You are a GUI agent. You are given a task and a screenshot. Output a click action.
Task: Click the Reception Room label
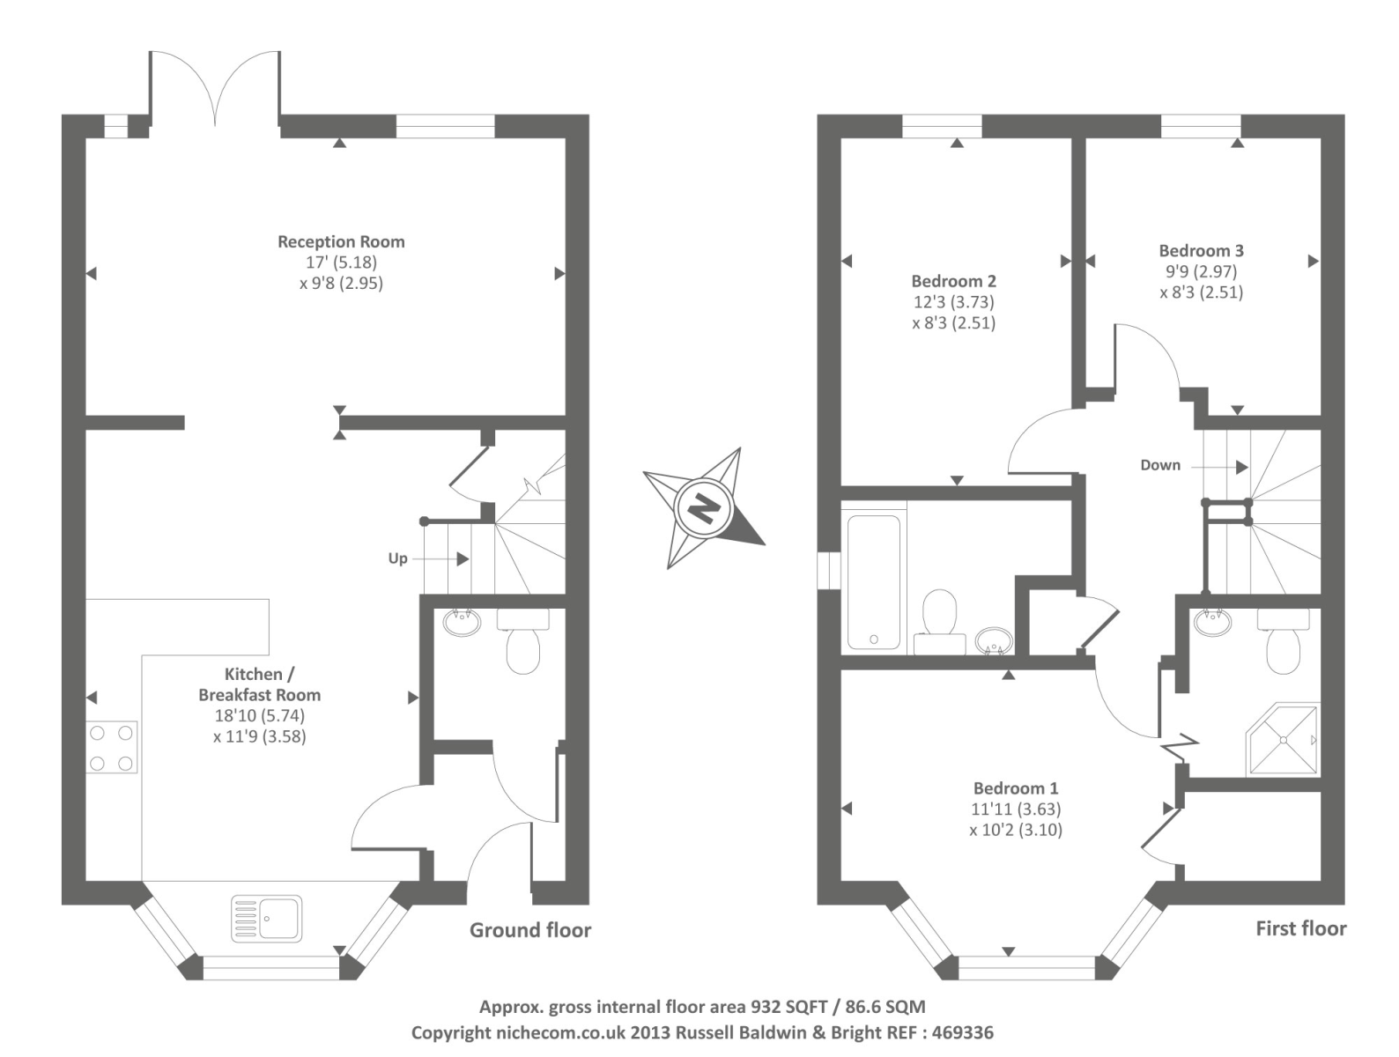(x=341, y=242)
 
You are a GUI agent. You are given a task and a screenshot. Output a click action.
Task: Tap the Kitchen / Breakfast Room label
(x=259, y=684)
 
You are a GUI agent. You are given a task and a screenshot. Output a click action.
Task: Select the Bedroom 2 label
(x=953, y=281)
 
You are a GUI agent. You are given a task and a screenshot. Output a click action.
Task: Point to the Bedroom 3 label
(x=1202, y=250)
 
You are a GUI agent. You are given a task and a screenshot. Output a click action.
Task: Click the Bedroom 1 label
(x=1016, y=788)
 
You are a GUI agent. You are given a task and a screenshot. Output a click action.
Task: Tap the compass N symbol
(x=704, y=507)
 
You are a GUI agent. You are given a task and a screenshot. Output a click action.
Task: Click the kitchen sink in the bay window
(x=266, y=918)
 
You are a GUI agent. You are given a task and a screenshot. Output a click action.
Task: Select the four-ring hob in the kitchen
(x=112, y=747)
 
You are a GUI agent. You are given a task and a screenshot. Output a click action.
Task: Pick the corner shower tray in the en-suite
(x=1283, y=739)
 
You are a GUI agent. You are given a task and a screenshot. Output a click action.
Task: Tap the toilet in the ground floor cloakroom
(x=522, y=640)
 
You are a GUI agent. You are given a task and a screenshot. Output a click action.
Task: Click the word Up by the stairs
(x=397, y=558)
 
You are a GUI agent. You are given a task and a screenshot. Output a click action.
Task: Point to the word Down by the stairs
(x=1160, y=465)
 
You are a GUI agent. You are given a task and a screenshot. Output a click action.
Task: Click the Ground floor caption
(x=530, y=930)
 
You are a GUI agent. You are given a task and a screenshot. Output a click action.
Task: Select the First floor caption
(x=1301, y=928)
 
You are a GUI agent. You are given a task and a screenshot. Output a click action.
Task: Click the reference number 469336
(x=962, y=1032)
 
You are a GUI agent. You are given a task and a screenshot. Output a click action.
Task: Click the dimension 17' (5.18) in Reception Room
(x=341, y=262)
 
